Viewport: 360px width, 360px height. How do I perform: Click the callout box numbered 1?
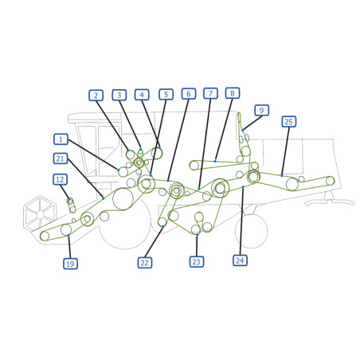61,139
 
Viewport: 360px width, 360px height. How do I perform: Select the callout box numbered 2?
96,96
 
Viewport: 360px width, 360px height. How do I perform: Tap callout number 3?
119,95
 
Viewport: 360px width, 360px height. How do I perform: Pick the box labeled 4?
142,95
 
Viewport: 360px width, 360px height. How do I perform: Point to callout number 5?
166,94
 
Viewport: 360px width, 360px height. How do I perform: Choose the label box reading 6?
189,94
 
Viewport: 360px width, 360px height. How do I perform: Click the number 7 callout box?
210,93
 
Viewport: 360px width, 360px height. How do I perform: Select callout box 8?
233,93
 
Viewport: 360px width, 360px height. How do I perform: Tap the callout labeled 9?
262,110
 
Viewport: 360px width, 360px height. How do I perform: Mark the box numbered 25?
289,122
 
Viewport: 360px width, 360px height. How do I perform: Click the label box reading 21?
61,158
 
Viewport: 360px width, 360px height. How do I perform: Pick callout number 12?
60,179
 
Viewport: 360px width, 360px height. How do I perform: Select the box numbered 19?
70,264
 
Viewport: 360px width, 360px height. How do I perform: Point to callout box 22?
145,263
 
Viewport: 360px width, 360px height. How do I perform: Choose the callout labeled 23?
197,262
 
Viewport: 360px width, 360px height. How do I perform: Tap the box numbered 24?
240,260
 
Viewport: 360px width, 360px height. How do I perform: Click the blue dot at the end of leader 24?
243,187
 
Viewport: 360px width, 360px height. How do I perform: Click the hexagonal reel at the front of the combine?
40,213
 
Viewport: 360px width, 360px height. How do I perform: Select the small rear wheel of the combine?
252,231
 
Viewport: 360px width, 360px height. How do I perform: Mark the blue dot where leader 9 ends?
243,130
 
